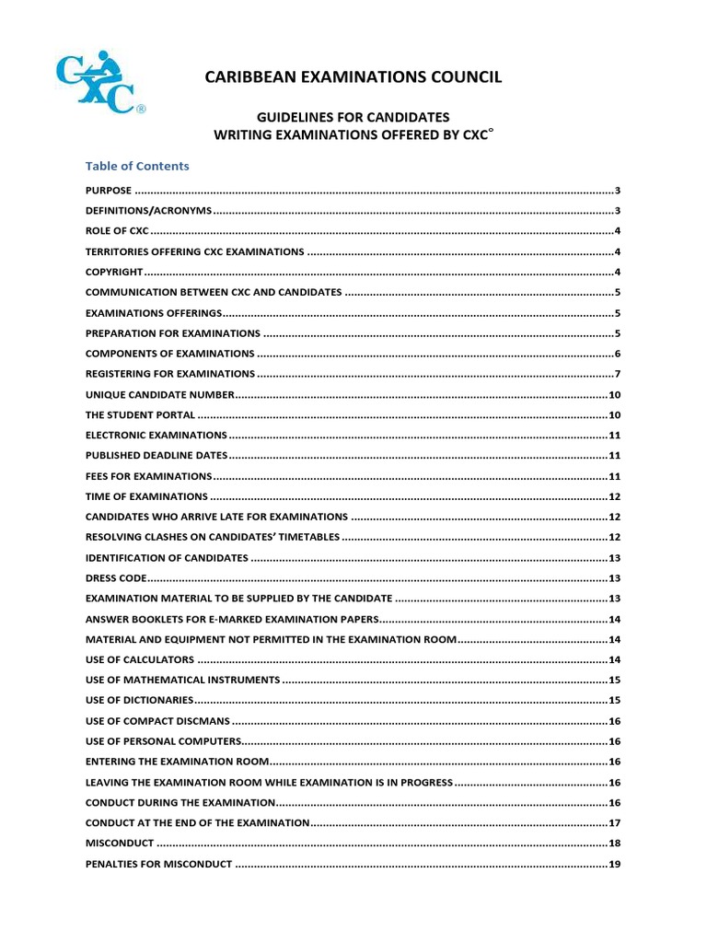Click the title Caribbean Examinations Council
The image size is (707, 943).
click(x=353, y=77)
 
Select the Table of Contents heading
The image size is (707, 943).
click(x=137, y=166)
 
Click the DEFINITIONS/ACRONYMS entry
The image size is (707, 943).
click(x=148, y=210)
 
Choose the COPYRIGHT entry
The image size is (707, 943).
click(x=114, y=272)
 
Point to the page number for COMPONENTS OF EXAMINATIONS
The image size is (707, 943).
click(x=618, y=354)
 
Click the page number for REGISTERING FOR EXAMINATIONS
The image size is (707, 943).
click(x=618, y=374)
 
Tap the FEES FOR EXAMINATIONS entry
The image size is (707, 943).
click(x=148, y=476)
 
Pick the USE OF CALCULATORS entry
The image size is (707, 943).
click(x=140, y=659)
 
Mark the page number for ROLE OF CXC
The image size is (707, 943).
click(x=618, y=231)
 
